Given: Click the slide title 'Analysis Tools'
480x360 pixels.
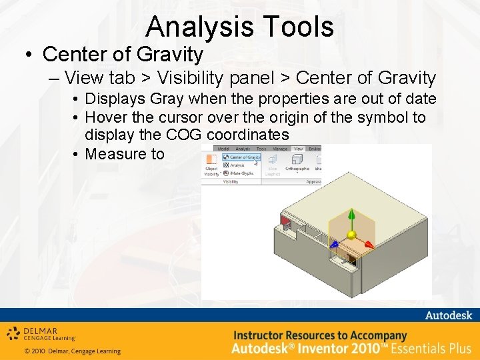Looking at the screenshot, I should pos(239,27).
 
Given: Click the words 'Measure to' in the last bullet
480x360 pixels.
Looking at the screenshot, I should pos(125,154).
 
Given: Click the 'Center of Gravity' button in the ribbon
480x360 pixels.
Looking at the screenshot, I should pos(241,157).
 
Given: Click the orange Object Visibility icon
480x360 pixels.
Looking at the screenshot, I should pos(211,160).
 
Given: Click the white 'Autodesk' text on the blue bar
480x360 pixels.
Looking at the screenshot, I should pos(448,315).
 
